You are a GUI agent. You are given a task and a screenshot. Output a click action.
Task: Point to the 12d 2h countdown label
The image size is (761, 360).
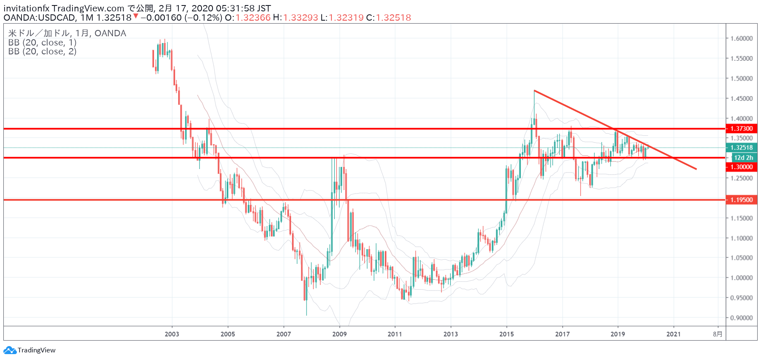[x=744, y=158]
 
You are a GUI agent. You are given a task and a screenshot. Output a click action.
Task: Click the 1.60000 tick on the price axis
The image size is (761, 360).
[x=742, y=38]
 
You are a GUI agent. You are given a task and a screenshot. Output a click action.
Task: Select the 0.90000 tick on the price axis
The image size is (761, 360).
[x=742, y=318]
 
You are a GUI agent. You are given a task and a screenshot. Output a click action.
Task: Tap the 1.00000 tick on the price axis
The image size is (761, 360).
[x=742, y=278]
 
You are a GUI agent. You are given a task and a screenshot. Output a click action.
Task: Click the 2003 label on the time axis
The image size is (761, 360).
[x=172, y=334]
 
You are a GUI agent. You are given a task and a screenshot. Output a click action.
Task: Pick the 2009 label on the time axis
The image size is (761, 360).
[x=339, y=334]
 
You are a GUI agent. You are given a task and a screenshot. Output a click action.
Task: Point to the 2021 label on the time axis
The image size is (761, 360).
[x=673, y=334]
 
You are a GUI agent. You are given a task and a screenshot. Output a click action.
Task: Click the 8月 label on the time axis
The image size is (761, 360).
[x=718, y=334]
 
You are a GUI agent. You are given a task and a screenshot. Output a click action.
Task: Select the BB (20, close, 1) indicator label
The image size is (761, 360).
[x=42, y=43]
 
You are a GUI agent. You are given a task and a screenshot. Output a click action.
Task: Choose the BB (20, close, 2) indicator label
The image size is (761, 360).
[x=42, y=51]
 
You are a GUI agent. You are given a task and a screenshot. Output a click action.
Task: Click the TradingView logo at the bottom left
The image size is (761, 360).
[x=30, y=350]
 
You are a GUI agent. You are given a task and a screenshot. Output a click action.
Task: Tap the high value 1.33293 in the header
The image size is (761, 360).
[x=301, y=18]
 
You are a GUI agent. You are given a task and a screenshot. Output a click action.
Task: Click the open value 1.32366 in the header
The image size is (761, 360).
[x=253, y=18]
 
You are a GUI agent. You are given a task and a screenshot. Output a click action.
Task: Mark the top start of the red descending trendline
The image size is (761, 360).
[x=534, y=91]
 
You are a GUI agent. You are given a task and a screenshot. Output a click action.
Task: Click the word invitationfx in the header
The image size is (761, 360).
[x=27, y=8]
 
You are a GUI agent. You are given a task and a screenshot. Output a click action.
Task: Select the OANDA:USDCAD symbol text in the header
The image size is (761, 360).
[x=40, y=18]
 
